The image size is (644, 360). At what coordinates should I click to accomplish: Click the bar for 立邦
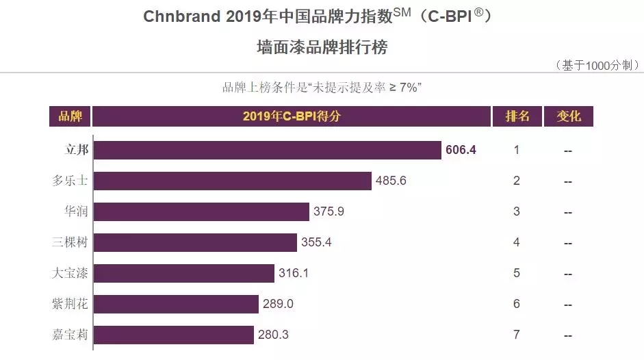point(267,150)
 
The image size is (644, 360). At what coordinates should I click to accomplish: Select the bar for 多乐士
point(232,181)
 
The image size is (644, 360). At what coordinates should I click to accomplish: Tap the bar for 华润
point(201,211)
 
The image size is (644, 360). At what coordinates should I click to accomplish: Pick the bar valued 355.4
point(195,242)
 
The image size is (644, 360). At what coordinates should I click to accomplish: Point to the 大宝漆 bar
point(183,273)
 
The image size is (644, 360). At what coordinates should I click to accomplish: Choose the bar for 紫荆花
point(176,304)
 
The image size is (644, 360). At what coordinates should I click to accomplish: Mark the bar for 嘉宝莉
point(173,335)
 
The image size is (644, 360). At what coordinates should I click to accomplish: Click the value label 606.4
point(461,150)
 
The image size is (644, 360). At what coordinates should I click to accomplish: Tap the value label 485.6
point(391,181)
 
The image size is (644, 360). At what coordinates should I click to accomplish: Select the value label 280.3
point(274,335)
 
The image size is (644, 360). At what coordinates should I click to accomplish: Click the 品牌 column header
point(70,116)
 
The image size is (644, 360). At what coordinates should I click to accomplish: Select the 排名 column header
point(517,116)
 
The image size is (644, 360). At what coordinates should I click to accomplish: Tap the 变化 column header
point(568,116)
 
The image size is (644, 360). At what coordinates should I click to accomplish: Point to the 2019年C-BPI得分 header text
point(292,116)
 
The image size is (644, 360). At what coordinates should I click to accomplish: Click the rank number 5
point(517,273)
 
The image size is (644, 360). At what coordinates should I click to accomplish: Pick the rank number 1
point(517,150)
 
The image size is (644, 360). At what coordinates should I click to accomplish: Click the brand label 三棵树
point(70,242)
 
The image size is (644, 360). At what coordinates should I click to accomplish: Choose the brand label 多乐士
point(70,181)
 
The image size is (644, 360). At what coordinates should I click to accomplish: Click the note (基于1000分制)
point(598,66)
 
